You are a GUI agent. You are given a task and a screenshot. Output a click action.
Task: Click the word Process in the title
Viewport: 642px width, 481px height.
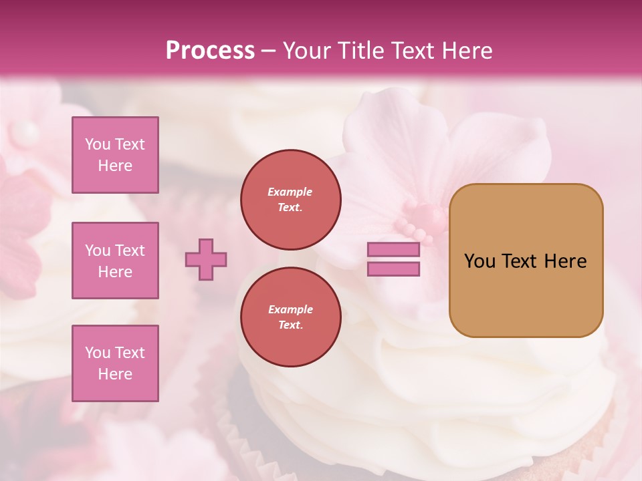click(x=210, y=51)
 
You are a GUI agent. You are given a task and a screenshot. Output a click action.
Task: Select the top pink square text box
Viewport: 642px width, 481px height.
click(x=115, y=155)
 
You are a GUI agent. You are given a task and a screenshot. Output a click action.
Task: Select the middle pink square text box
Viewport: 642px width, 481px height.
click(x=115, y=261)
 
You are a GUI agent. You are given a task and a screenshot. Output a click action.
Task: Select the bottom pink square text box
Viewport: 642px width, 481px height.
click(x=115, y=363)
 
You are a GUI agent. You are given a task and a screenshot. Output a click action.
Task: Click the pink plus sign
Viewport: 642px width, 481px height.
click(x=206, y=259)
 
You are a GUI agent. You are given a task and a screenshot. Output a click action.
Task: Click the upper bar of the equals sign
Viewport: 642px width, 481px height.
click(x=393, y=250)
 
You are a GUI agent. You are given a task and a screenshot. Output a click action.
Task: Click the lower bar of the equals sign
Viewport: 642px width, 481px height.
click(x=393, y=269)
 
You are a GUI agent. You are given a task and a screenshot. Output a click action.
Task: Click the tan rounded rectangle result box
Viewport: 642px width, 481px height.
click(x=526, y=294)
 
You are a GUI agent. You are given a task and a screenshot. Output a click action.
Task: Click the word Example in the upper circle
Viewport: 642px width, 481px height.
click(x=290, y=192)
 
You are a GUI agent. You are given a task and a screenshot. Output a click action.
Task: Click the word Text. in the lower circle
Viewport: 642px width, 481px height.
click(x=290, y=325)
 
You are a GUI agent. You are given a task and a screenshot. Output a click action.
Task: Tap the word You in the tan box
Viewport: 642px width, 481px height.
click(x=479, y=261)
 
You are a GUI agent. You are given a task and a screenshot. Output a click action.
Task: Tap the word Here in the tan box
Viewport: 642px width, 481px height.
click(x=565, y=261)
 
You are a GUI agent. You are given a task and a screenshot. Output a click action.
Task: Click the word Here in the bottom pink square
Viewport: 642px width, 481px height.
click(x=115, y=374)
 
